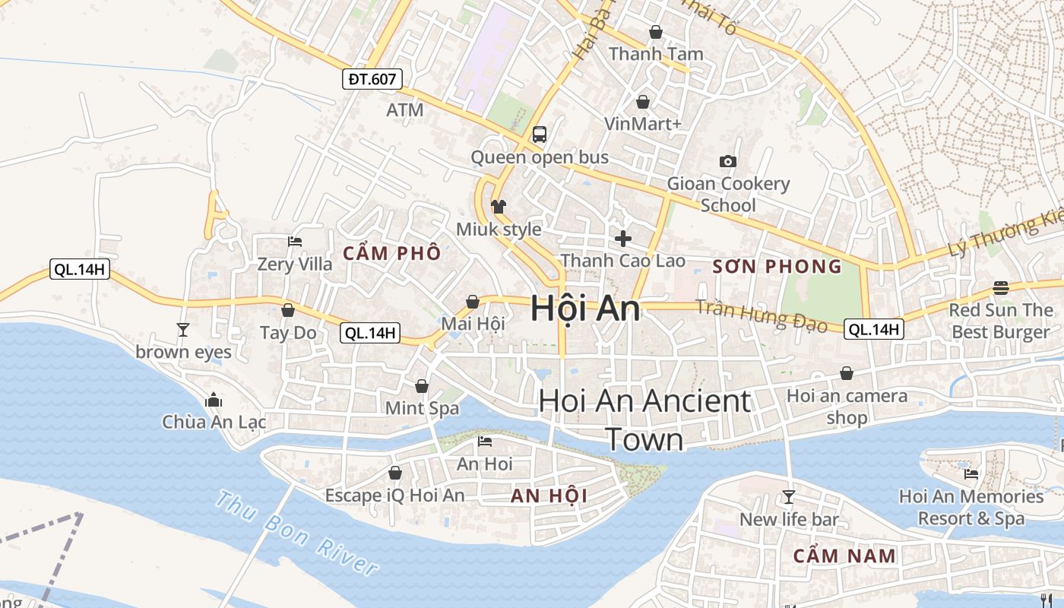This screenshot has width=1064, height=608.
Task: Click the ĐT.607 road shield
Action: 372,78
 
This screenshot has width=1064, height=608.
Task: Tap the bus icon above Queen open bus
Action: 540,135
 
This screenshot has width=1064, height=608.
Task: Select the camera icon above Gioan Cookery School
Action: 728,161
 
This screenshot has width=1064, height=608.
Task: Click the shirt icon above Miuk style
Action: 499,206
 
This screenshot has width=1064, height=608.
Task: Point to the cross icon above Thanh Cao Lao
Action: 623,239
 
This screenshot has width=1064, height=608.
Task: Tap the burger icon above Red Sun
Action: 1001,288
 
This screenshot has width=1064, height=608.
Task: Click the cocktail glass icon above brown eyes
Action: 183,329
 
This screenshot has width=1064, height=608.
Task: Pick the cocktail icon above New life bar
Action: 789,497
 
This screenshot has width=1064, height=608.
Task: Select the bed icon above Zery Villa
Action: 295,242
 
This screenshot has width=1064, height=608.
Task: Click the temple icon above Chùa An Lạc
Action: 214,400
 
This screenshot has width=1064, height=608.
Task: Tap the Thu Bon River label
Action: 296,533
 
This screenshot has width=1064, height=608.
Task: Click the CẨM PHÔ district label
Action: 391,253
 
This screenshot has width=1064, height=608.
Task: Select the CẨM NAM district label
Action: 844,556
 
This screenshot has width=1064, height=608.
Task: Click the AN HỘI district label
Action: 549,496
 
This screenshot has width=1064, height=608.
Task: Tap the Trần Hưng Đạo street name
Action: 761,315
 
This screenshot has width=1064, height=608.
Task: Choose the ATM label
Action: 404,110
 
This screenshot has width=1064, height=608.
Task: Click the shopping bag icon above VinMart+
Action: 643,101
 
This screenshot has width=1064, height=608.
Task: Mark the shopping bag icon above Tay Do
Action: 288,310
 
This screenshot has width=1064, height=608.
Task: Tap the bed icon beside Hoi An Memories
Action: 971,474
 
